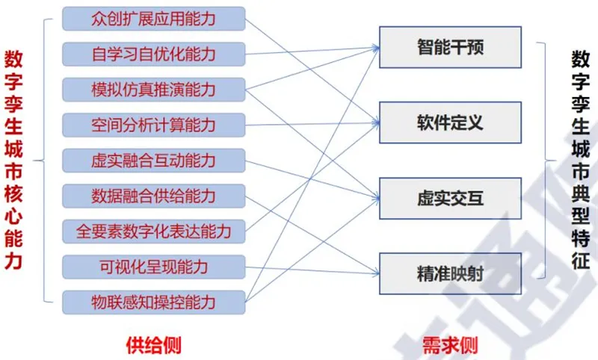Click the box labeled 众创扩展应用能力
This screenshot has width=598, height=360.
154,19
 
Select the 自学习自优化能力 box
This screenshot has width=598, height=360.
154,54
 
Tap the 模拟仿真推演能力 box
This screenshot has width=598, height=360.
154,90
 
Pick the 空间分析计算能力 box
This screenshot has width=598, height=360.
154,125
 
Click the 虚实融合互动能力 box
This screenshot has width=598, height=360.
154,161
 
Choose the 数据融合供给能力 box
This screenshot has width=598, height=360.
154,196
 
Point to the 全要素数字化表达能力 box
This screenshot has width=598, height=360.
154,232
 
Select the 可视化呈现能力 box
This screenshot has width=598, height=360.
154,267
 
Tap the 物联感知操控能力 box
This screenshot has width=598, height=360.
154,302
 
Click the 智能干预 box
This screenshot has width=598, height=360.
450,47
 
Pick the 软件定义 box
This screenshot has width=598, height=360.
450,122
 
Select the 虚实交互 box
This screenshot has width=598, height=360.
450,198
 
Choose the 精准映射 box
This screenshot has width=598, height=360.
450,273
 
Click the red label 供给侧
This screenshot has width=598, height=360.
153,345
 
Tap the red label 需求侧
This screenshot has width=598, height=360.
450,345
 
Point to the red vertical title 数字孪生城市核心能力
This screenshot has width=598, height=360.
13,161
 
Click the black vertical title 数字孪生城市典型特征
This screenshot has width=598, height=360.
581,161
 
